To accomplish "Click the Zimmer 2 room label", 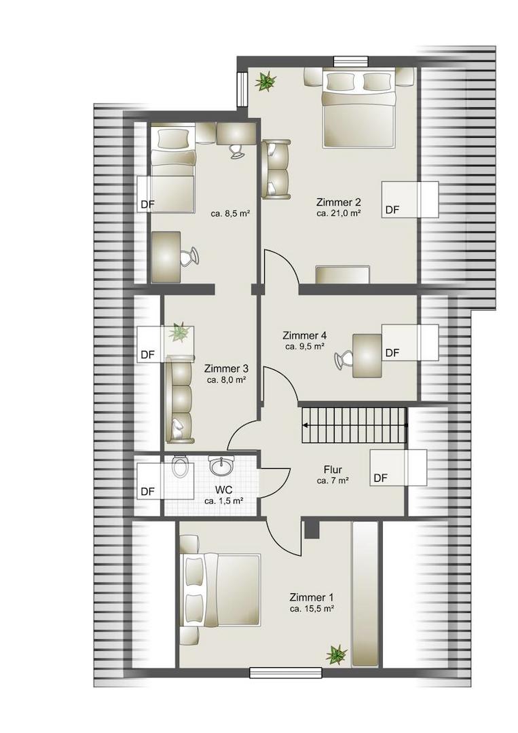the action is (x=339, y=202).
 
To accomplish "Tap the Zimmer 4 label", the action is (x=304, y=336).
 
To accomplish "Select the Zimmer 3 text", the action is (x=226, y=369).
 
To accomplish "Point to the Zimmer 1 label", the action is (x=312, y=597).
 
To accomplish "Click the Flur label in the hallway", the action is (x=333, y=470).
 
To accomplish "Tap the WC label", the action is (x=224, y=490).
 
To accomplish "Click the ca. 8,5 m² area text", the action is (x=230, y=214).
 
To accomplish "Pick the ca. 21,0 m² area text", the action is (x=339, y=213).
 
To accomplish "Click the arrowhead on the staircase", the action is (x=306, y=426).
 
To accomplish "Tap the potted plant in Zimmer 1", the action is (x=337, y=654).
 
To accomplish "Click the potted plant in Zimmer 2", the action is (x=265, y=81).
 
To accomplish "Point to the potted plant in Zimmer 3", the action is (x=179, y=333).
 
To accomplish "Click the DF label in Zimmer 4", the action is (x=392, y=353).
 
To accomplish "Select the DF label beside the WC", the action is (x=148, y=491).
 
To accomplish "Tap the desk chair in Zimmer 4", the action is (x=344, y=359).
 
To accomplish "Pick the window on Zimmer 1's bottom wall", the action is (x=286, y=673).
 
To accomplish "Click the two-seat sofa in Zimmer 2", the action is (x=276, y=169).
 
